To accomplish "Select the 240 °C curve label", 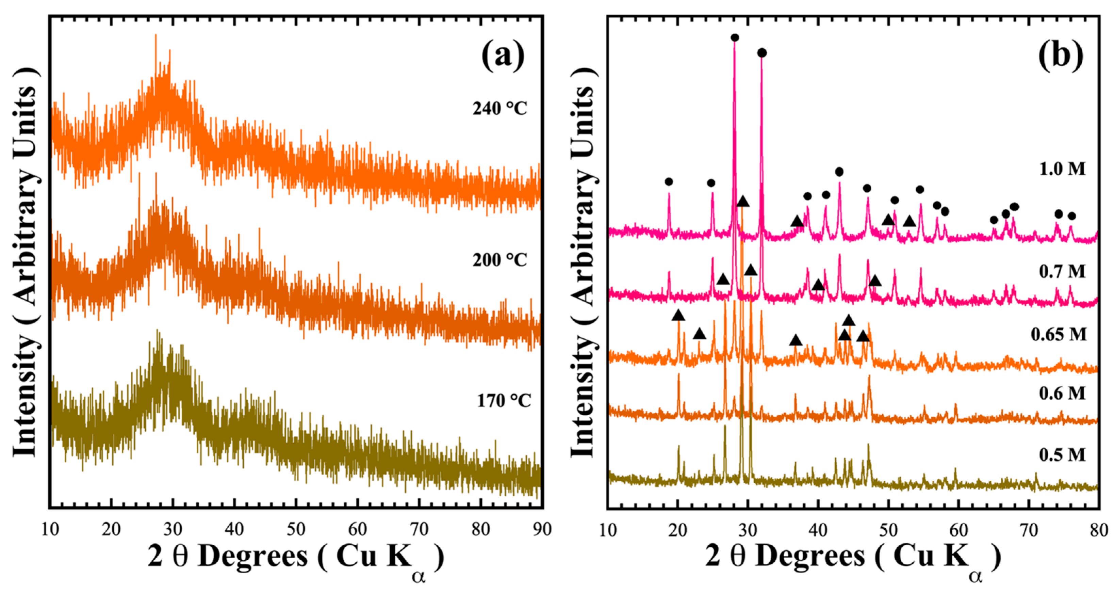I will [499, 108].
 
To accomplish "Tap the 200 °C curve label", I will [499, 260].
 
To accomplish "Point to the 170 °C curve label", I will [504, 401].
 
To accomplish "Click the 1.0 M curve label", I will [1062, 168].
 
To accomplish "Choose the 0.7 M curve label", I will [1062, 271].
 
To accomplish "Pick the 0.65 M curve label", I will [1058, 334].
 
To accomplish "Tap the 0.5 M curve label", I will [1062, 454].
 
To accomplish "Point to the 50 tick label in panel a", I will [296, 529].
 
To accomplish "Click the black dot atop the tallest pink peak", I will [734, 38].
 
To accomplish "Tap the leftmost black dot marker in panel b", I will [669, 181].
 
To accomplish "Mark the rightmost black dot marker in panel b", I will [1071, 216].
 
